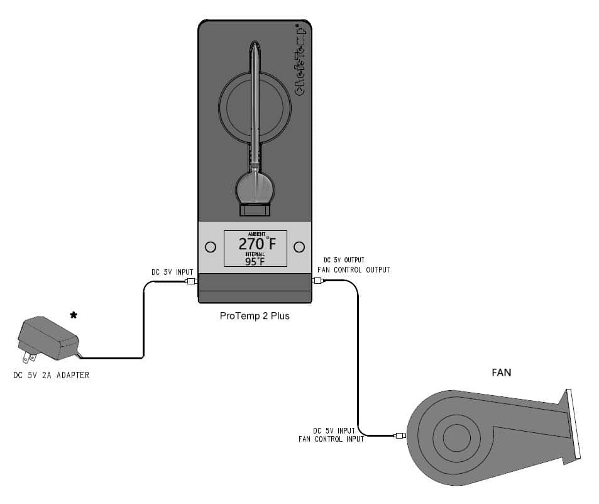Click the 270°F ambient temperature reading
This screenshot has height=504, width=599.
click(x=256, y=245)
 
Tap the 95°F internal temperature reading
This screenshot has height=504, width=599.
click(x=255, y=262)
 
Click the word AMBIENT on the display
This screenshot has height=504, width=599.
click(x=256, y=234)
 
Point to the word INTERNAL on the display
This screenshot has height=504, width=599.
click(x=255, y=254)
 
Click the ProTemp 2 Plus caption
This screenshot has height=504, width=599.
click(x=255, y=316)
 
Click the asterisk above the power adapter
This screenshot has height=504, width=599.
click(x=74, y=315)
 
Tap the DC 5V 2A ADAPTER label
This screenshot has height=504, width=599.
click(x=51, y=376)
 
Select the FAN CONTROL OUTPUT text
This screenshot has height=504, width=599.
click(x=356, y=270)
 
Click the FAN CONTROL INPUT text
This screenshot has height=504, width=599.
click(x=331, y=439)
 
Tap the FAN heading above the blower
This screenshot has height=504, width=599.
click(x=501, y=372)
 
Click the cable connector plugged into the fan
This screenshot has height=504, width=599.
click(x=400, y=435)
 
